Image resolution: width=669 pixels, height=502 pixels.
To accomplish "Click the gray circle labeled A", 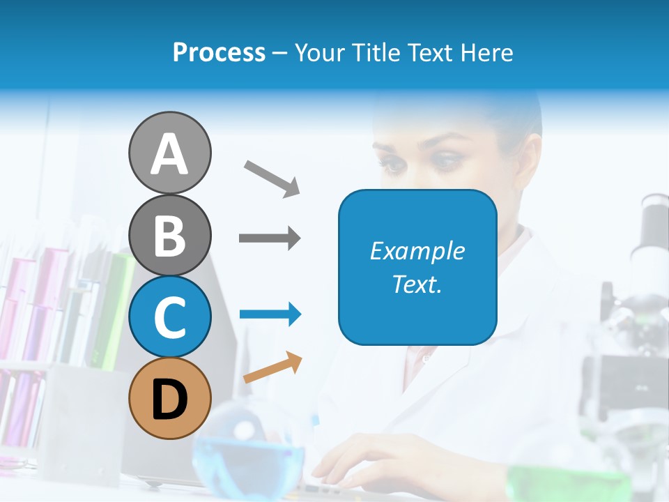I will click(x=169, y=153).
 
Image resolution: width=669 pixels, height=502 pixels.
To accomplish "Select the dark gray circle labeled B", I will click(x=169, y=235).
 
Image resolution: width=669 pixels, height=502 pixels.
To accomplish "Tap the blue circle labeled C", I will click(x=169, y=317).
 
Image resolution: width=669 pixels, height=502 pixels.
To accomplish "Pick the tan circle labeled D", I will click(x=169, y=398).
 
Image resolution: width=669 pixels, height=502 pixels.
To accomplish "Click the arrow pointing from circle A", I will click(x=272, y=177).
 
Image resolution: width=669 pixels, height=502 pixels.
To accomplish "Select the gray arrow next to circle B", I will click(x=270, y=238).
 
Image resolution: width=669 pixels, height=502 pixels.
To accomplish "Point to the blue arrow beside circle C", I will click(x=270, y=314).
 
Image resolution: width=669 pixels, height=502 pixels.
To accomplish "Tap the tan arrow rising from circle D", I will click(x=272, y=368).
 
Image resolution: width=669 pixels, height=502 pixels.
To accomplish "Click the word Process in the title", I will click(x=219, y=52).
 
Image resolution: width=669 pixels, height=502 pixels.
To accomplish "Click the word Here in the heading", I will click(x=488, y=52).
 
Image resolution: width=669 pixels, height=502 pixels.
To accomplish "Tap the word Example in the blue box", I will click(x=417, y=251).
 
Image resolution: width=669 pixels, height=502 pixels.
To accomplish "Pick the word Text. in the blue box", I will click(x=417, y=284).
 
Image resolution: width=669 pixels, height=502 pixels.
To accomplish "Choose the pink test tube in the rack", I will click(x=52, y=293).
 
